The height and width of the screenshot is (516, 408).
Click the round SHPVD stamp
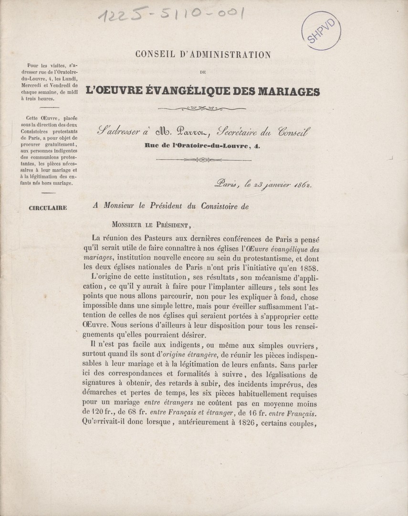(x=325, y=32)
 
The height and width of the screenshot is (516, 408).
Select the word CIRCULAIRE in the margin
(x=48, y=207)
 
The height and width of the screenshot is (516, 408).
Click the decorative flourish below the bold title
(x=203, y=109)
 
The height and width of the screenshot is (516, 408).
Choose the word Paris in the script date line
(x=227, y=183)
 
